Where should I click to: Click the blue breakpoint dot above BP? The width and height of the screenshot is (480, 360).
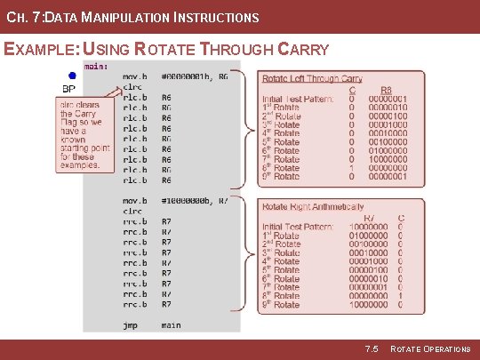point(71,76)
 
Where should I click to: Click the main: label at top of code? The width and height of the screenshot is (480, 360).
point(97,66)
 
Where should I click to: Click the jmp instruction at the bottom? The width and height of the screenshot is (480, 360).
point(130,325)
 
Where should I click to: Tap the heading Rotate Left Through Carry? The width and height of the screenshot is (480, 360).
point(312,80)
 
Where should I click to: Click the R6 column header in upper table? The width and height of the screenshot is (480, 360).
point(386,90)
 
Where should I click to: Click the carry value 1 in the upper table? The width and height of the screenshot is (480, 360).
point(353,167)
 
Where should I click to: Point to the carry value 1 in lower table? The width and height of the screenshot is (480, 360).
point(400,295)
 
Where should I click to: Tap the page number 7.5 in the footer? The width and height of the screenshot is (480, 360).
point(372,349)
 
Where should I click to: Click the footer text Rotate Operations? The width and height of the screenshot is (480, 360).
point(430,349)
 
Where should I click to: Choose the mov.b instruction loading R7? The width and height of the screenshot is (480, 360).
point(135,201)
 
